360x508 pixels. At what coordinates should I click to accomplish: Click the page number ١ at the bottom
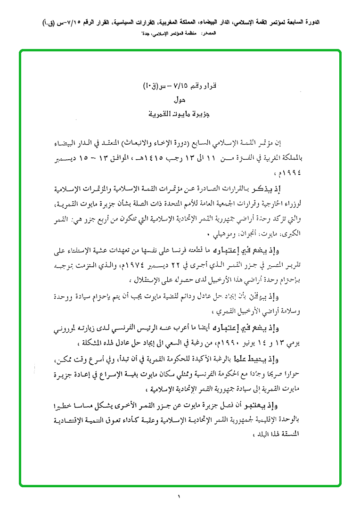point(180,496)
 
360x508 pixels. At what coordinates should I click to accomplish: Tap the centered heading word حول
point(180,99)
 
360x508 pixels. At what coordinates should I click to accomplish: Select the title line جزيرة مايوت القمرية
point(180,114)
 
